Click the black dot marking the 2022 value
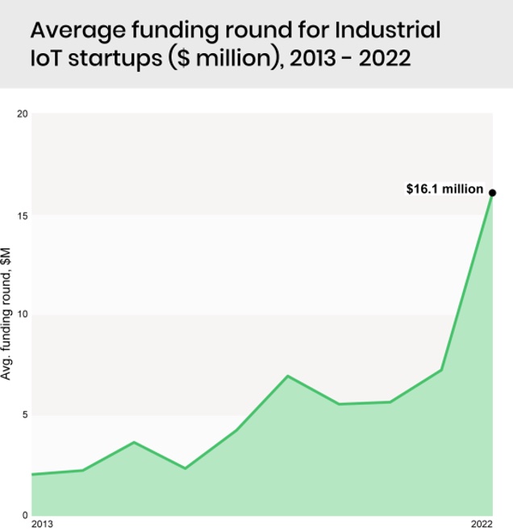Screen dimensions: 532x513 coord(492,193)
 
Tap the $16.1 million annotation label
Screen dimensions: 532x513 coord(444,189)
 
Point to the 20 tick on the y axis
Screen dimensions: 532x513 coord(23,114)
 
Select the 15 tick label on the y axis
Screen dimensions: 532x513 coord(23,215)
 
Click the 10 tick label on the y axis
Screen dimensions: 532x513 coord(23,314)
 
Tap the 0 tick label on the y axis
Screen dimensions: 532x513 coord(25,515)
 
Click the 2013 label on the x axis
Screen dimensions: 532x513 coord(42,525)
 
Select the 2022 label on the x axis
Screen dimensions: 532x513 coord(482,525)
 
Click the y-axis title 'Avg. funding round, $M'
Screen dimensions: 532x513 coord(7,314)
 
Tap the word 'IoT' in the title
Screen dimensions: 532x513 coord(47,60)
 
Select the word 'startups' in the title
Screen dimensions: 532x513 coord(116,60)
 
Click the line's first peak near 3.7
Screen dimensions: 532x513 coord(134,442)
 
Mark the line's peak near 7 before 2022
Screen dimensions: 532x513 coord(288,376)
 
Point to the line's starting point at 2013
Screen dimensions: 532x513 coord(32,474)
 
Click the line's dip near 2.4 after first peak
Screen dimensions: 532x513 coord(186,468)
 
